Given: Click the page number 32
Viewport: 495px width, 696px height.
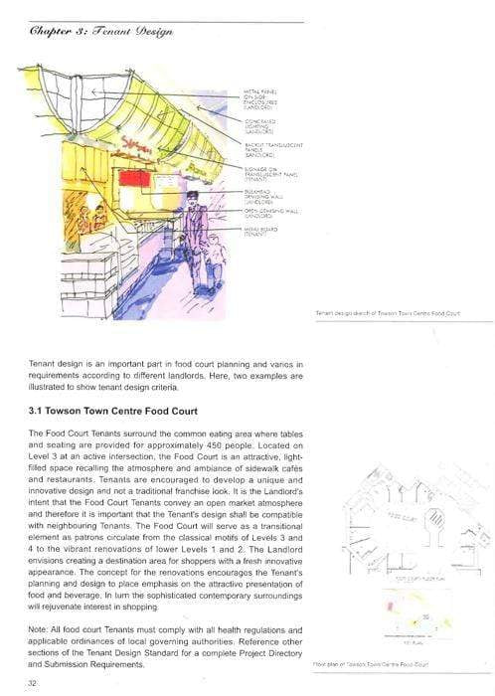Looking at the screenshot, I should coord(32,683).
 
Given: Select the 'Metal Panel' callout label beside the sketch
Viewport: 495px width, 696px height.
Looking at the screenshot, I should coord(259,97).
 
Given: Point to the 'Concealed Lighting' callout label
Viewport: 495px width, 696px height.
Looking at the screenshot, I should coord(260,125).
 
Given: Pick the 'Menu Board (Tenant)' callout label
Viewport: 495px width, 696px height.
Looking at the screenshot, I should coord(260,231).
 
